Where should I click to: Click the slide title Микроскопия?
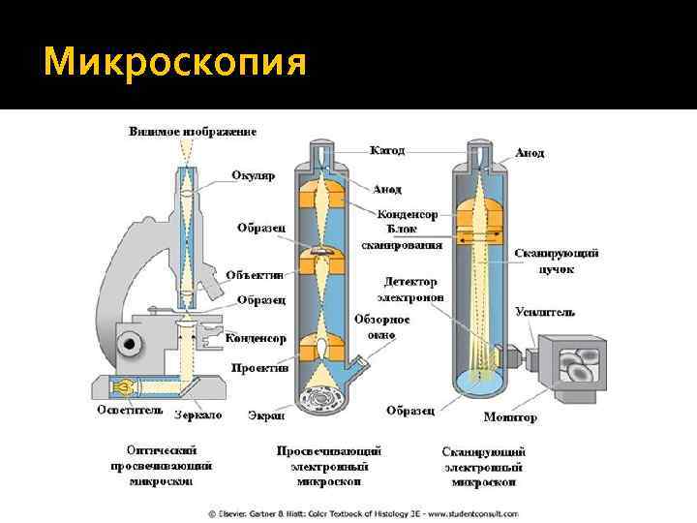point(175,62)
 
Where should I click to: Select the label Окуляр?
point(253,175)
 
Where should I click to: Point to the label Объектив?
point(254,275)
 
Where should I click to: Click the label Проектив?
point(259,368)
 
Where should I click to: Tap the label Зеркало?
point(197,415)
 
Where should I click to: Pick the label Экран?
point(265,415)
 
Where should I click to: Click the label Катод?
point(386,151)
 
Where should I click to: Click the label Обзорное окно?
point(381,325)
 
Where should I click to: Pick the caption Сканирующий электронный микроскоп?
point(483,467)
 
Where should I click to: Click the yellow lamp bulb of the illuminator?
point(123,386)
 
